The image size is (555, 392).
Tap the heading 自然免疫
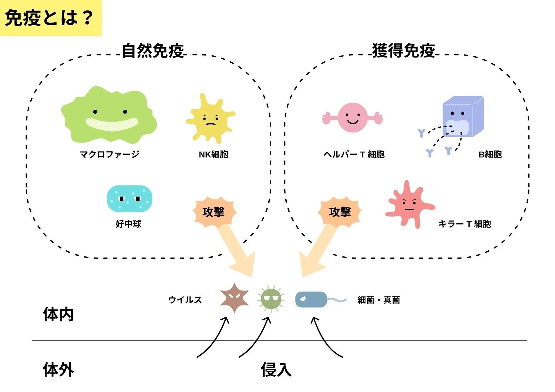click(x=153, y=51)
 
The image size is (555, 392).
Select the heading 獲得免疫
click(x=404, y=51)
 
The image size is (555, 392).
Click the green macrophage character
click(x=109, y=116)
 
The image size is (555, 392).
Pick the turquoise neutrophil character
click(x=130, y=199)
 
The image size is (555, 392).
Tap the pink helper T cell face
click(x=352, y=117)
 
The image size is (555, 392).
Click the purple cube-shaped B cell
click(x=462, y=116)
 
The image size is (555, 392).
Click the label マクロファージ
click(x=110, y=154)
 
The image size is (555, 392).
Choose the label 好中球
click(x=128, y=224)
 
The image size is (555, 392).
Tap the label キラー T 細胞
click(x=465, y=224)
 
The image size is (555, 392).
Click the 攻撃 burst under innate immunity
click(x=214, y=212)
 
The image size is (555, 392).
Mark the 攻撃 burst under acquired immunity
click(x=340, y=212)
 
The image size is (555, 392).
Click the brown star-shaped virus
click(x=234, y=298)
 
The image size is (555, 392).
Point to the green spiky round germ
click(x=271, y=299)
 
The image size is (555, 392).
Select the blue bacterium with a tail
click(x=311, y=299)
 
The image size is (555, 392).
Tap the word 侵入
click(x=276, y=370)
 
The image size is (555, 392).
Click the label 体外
click(x=58, y=370)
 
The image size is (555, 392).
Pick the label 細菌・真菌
click(x=379, y=300)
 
